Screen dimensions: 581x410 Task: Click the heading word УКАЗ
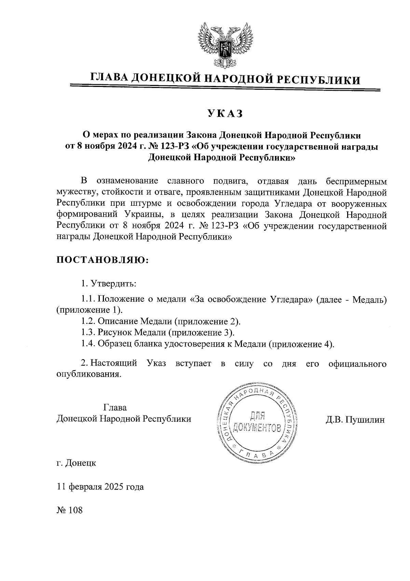225,113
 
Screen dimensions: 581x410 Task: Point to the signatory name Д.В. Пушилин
355,419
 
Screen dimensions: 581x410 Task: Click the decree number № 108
70,510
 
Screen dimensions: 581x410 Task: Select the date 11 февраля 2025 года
100,487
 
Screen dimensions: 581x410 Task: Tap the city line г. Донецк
77,463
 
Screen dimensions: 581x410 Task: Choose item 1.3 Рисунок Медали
158,332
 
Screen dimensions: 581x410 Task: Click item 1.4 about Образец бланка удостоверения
207,344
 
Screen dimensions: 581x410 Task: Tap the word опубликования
88,374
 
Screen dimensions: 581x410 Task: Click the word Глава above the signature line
115,407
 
